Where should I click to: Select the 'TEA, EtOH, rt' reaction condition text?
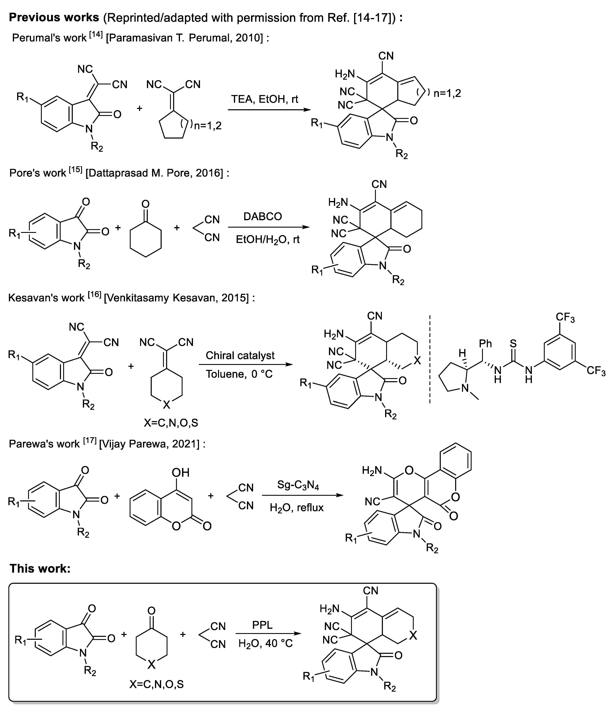(x=265, y=99)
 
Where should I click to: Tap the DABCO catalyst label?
(x=263, y=216)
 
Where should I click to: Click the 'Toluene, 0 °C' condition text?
(x=239, y=374)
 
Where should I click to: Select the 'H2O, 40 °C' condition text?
(x=266, y=643)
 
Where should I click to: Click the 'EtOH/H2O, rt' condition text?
(x=268, y=239)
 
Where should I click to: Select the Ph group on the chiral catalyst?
(x=485, y=344)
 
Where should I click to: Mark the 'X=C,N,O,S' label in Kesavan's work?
(x=171, y=423)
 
